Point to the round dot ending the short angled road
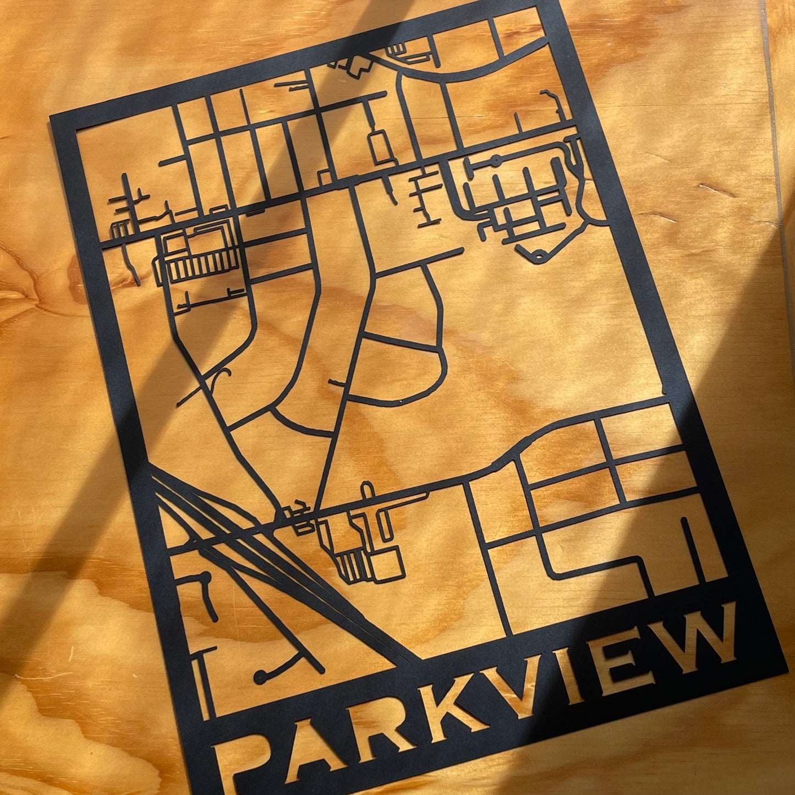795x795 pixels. [x=205, y=577]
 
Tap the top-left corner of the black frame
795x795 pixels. [x=52, y=118]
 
